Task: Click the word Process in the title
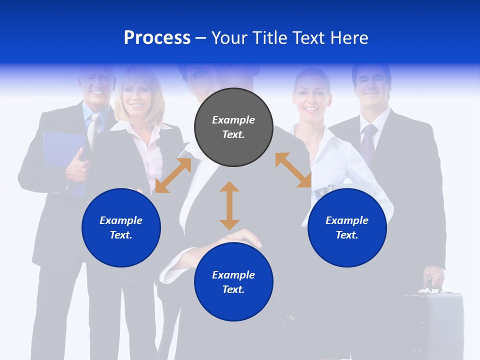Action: pos(157,38)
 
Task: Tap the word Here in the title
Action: pos(349,38)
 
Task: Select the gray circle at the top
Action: pos(233,127)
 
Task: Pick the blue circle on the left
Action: pos(121,227)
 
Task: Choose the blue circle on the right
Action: pos(347,227)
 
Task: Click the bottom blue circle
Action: pos(233,282)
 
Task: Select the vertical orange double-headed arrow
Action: pos(229,205)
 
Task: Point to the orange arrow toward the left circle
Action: pos(173,175)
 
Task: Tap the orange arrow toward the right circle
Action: pos(293,170)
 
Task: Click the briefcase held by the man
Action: pos(435,320)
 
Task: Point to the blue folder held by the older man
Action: pos(60,150)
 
